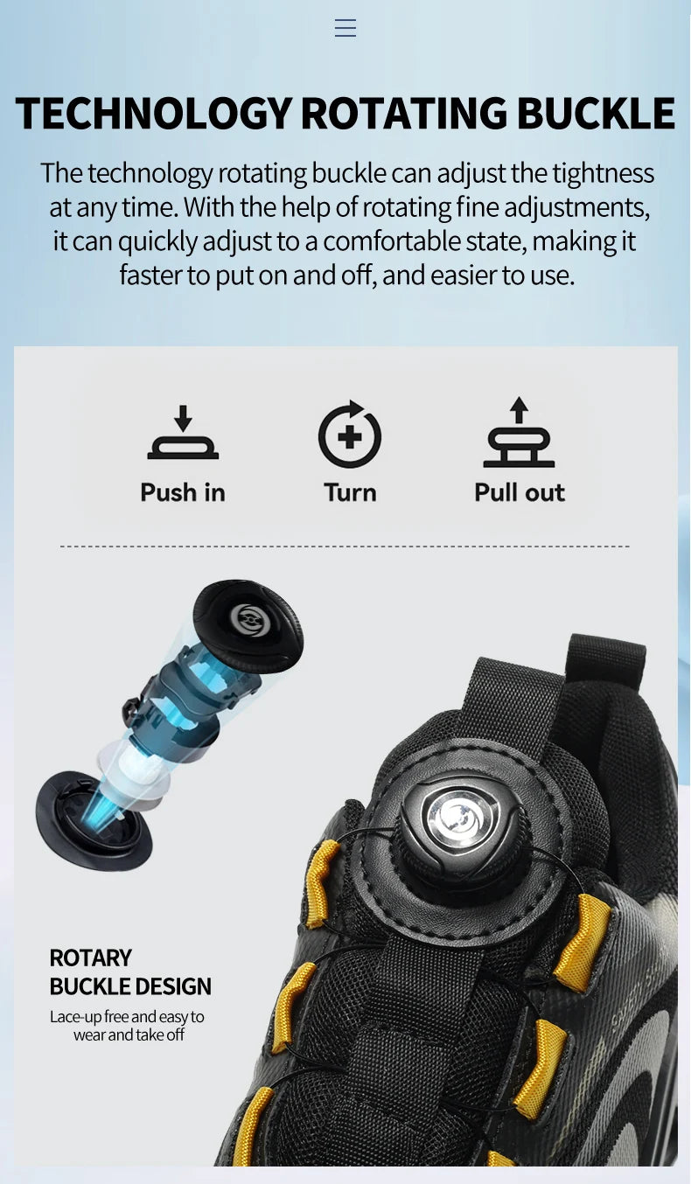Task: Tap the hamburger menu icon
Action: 345,28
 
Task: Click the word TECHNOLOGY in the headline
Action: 153,114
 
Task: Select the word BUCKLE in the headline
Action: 596,114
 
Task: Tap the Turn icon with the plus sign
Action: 350,435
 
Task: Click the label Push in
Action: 183,492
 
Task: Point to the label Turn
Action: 350,492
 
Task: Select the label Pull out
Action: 520,492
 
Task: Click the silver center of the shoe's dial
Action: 461,819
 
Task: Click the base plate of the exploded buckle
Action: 93,822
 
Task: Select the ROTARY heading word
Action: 90,958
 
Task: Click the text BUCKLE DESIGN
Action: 130,986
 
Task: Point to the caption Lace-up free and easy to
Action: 127,1016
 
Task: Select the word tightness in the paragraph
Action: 603,173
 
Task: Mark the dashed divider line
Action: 345,547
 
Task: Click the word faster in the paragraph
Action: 150,275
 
